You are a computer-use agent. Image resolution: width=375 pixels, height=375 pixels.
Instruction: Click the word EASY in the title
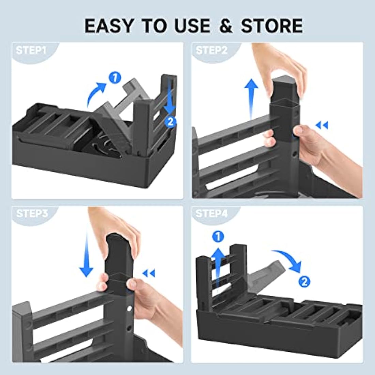click(108, 26)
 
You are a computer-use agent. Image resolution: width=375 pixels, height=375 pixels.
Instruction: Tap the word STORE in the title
click(272, 26)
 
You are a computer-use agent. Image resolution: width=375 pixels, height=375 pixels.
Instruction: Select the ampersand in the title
click(226, 26)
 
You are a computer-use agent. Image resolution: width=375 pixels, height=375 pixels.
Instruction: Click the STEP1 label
click(31, 50)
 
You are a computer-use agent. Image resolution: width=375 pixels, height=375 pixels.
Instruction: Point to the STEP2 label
click(211, 50)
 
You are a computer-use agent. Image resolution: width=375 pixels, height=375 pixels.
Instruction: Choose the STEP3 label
click(32, 213)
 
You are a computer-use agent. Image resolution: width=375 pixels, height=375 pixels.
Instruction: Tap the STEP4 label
click(212, 213)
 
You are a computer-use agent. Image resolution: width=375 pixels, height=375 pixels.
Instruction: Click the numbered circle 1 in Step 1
click(115, 78)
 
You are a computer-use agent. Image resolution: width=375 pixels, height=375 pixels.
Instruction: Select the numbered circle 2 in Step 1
click(170, 122)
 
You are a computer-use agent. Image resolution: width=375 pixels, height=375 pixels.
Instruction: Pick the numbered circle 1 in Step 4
click(218, 237)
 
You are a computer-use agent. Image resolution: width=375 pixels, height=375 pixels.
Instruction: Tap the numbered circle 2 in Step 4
click(304, 282)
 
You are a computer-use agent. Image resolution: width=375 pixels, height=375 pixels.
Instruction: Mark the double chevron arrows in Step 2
click(322, 125)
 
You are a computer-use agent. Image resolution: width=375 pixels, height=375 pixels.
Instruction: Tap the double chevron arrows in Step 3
click(149, 273)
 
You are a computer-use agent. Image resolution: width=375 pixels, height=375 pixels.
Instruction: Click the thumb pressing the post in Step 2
click(299, 132)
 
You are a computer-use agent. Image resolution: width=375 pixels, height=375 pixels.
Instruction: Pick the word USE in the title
click(193, 26)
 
